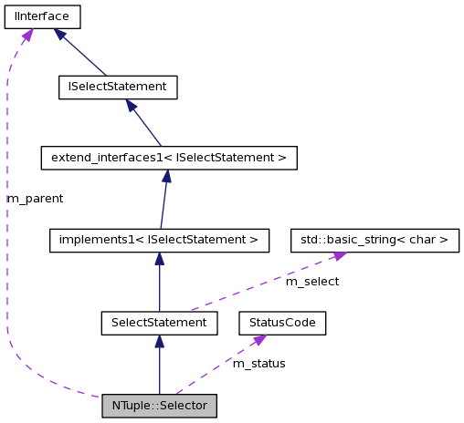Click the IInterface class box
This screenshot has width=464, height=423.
pyautogui.click(x=42, y=15)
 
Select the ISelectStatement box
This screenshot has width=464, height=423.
pyautogui.click(x=116, y=87)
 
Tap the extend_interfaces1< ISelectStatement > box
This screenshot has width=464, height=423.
pyautogui.click(x=169, y=158)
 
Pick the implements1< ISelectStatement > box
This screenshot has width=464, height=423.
pyautogui.click(x=159, y=241)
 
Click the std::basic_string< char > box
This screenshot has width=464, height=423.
pyautogui.click(x=374, y=241)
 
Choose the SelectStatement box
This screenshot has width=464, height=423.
pyautogui.click(x=159, y=323)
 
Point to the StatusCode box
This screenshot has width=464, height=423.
pyautogui.click(x=282, y=323)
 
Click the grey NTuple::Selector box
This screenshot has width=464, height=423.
pyautogui.click(x=160, y=405)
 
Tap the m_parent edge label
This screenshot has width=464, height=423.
pyautogui.click(x=35, y=198)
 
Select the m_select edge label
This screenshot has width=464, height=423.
pyautogui.click(x=312, y=282)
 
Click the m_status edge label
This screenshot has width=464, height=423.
pyautogui.click(x=258, y=364)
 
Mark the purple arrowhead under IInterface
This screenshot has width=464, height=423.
pyautogui.click(x=27, y=35)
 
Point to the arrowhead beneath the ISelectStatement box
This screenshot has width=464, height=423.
pyautogui.click(x=132, y=106)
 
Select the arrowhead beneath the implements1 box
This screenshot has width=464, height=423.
pyautogui.click(x=159, y=260)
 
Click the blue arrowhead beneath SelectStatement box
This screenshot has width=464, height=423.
pyautogui.click(x=159, y=342)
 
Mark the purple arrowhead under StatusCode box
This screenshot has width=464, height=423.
pyautogui.click(x=259, y=340)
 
